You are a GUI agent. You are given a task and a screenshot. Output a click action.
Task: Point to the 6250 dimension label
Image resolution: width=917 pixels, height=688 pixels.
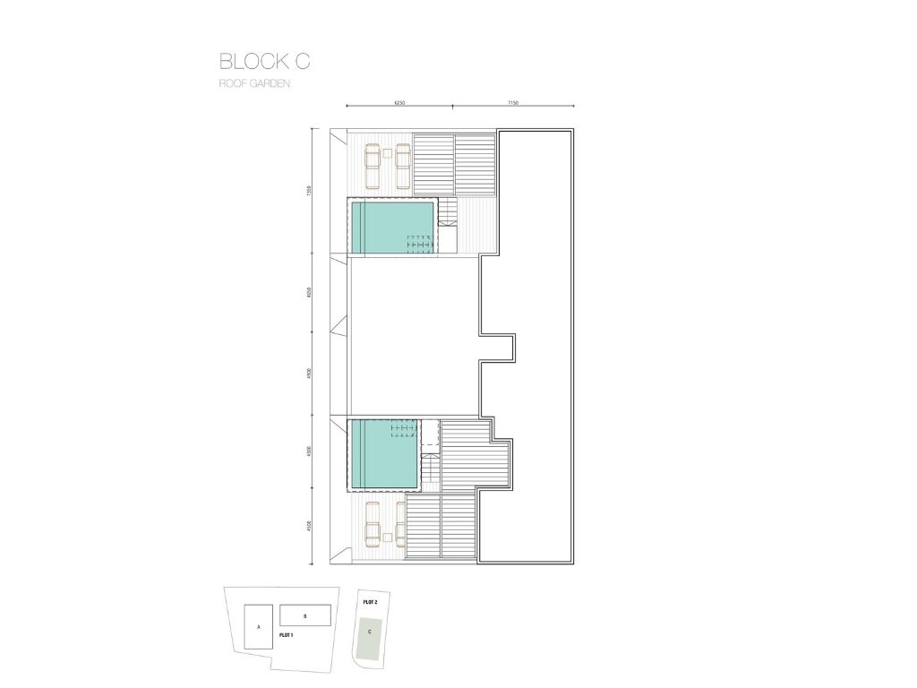(399, 103)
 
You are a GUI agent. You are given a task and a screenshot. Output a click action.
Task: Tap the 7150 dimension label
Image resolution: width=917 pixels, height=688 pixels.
(513, 103)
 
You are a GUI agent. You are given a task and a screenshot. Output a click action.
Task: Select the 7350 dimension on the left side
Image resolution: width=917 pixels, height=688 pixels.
(307, 190)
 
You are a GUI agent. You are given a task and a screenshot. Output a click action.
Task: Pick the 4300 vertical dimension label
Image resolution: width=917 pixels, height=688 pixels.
(307, 452)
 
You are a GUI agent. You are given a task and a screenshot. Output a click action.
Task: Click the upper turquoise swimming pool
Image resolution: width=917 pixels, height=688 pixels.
(392, 227)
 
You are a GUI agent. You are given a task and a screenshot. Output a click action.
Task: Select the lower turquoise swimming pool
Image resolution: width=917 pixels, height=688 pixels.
(384, 454)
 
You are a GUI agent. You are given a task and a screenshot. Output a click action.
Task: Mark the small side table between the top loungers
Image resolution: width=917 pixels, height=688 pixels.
(387, 154)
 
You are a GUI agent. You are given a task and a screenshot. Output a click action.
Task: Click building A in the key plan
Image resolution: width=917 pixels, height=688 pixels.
(258, 627)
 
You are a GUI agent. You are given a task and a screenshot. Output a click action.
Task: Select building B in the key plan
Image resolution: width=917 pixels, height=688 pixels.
(304, 615)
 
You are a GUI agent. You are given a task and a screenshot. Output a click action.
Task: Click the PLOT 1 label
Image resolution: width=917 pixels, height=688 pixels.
(287, 634)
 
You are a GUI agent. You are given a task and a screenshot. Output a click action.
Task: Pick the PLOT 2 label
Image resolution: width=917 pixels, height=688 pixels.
(370, 603)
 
